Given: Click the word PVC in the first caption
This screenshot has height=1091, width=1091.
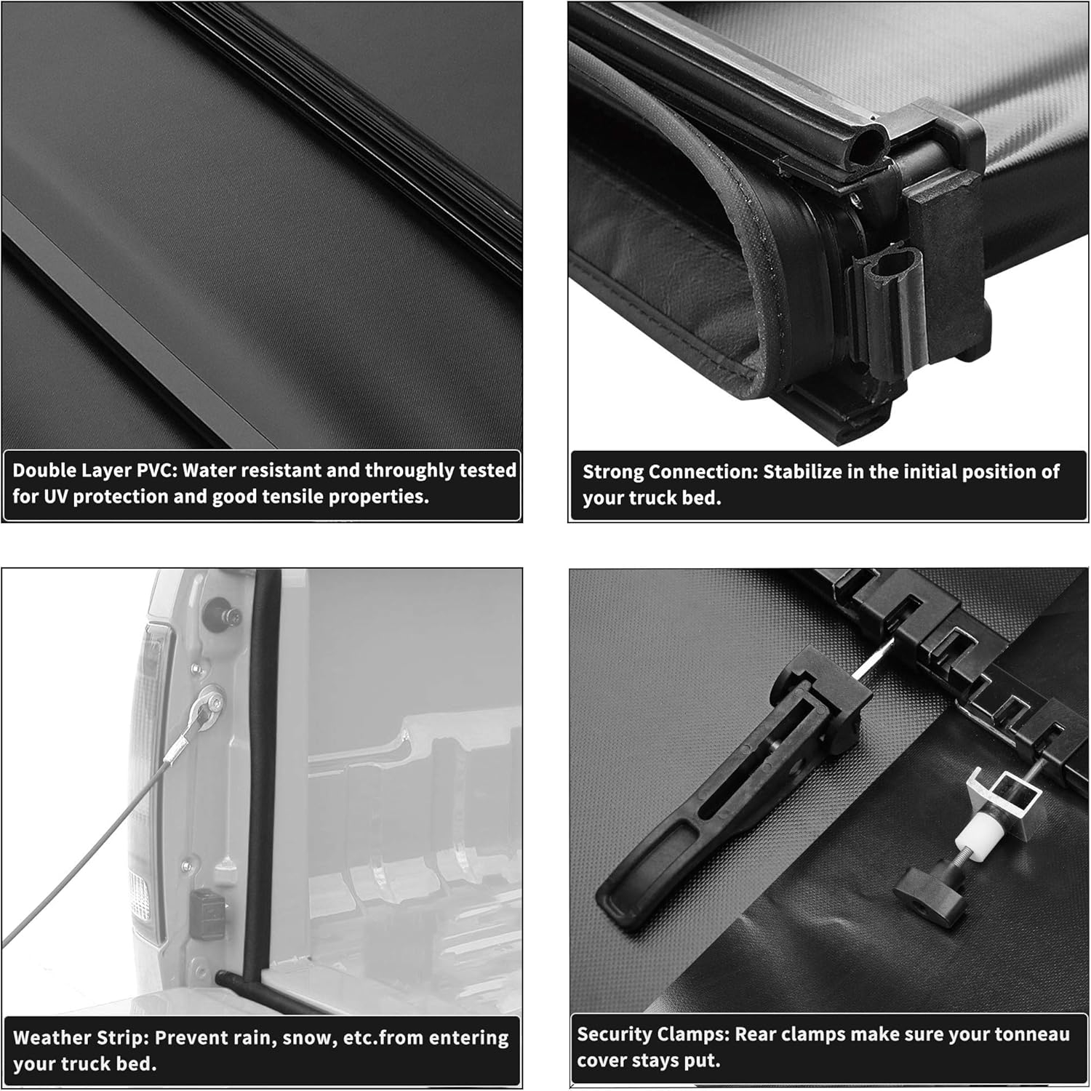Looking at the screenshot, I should pos(157,471).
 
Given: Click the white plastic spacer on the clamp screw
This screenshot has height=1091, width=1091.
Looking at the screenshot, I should pos(964,830).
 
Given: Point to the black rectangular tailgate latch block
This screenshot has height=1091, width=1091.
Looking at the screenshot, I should pos(207,914).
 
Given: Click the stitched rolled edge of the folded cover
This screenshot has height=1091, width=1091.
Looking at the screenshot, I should pos(756,320).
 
